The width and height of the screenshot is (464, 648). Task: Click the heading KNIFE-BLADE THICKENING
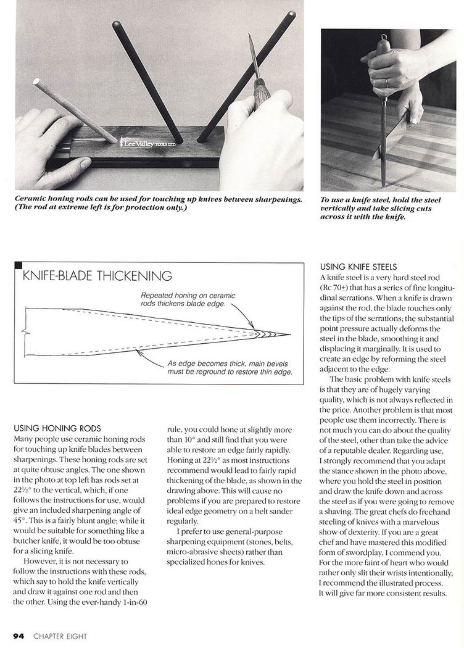(97, 276)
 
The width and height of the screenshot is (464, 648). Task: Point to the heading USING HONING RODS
(56, 428)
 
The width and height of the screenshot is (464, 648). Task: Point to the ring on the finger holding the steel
(387, 81)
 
